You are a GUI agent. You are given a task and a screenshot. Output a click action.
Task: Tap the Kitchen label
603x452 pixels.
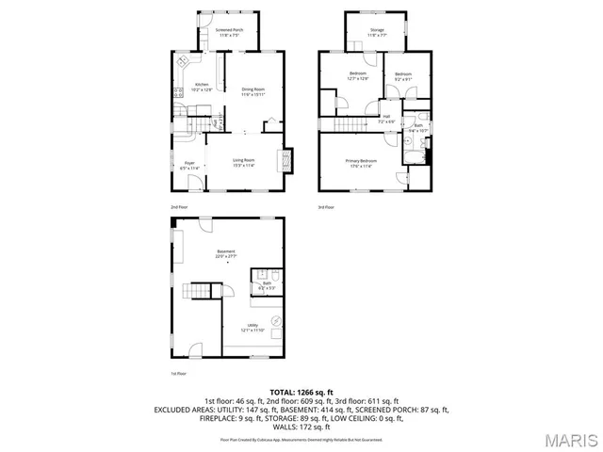202,87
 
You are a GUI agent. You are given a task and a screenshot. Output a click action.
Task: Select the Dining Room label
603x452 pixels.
253,92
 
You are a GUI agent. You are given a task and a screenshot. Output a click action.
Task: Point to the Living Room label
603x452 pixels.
245,164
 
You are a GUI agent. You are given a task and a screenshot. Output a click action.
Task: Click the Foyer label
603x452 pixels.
188,166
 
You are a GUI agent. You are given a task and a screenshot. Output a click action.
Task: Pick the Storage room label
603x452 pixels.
377,33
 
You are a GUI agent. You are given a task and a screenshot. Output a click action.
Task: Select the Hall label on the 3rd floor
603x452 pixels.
386,120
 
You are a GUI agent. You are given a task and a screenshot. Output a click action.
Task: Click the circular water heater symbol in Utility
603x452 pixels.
275,322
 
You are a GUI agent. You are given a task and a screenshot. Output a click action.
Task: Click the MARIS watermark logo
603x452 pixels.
569,439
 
